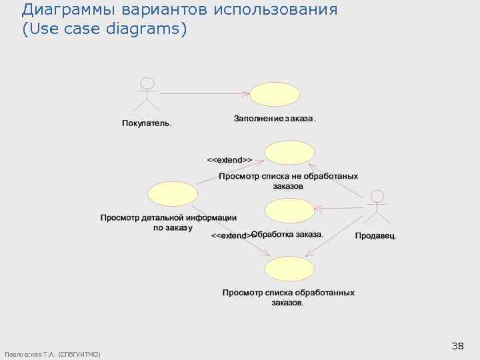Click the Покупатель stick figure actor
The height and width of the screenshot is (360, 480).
tap(147, 93)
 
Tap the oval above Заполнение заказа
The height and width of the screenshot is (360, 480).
tap(275, 95)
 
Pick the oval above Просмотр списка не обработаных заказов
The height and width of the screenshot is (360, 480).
tap(289, 153)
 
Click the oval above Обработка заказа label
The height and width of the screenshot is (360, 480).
tap(289, 211)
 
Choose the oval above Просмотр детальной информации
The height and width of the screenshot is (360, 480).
tap(173, 193)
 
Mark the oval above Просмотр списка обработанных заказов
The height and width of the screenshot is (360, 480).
tap(289, 269)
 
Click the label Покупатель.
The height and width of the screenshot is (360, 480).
tap(147, 123)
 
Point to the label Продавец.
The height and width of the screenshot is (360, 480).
tap(376, 235)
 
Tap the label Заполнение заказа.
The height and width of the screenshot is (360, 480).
tap(275, 119)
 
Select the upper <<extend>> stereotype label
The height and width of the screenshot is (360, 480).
tap(229, 160)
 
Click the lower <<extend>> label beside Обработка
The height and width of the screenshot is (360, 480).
tap(231, 235)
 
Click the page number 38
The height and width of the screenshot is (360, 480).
tap(457, 346)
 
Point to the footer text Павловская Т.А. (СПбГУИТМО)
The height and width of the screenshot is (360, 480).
tap(52, 354)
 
